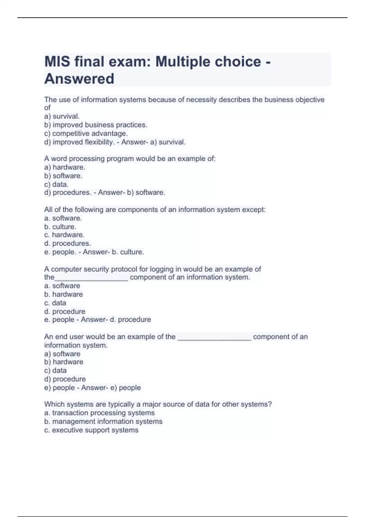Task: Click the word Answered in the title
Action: pyautogui.click(x=79, y=79)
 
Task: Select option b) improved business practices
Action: pyautogui.click(x=96, y=125)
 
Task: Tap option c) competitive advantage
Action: pyautogui.click(x=86, y=134)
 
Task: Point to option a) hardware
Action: pyautogui.click(x=64, y=167)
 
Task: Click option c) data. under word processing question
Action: pyautogui.click(x=56, y=184)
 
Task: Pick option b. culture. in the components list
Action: pyautogui.click(x=60, y=227)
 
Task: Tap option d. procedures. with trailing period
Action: pyautogui.click(x=67, y=244)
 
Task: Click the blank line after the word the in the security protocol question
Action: pyautogui.click(x=91, y=278)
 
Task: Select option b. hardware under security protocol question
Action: pyautogui.click(x=63, y=294)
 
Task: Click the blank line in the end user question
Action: pyautogui.click(x=214, y=338)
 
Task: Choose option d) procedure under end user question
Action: pyautogui.click(x=65, y=379)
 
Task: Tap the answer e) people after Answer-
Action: pyautogui.click(x=126, y=388)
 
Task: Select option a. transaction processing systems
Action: pyautogui.click(x=99, y=413)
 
